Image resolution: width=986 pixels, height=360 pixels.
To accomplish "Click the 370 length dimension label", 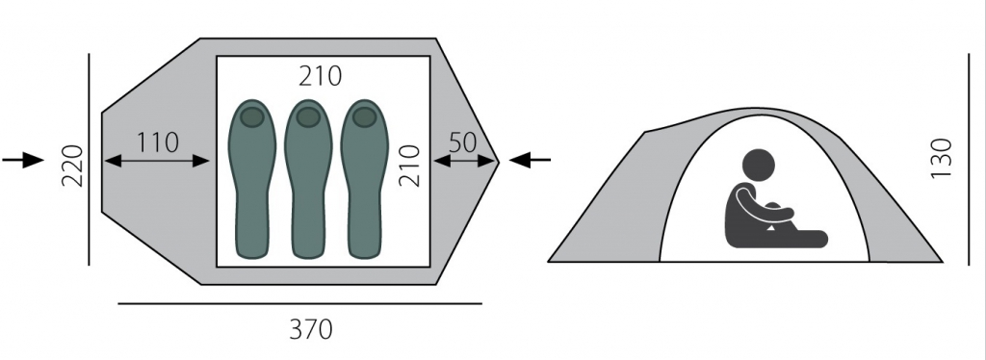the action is coord(311,329).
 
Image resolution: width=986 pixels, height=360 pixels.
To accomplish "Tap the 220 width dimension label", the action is coord(72,166).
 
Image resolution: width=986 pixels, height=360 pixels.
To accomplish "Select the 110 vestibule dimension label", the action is coord(158,142).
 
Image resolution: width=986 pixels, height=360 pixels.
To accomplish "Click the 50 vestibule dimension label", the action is coord(463,142).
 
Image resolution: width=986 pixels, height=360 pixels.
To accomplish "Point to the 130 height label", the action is coord(941,158).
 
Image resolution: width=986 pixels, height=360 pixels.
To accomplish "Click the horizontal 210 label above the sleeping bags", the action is coord(320,76).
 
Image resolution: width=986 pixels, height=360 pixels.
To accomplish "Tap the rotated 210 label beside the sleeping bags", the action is coord(409,166).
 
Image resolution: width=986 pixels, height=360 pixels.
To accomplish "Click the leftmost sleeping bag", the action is coord(251,179).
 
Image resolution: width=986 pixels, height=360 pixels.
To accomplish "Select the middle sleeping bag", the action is coord(308,179).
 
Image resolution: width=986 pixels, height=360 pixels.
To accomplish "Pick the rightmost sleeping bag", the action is coord(365,179).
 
